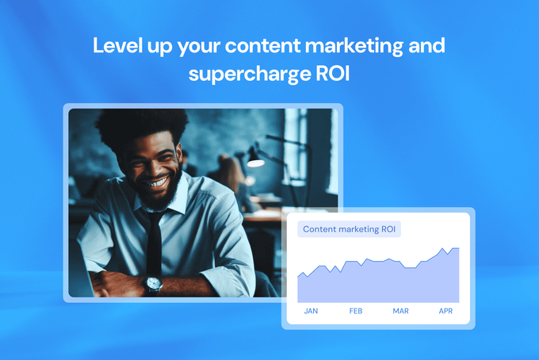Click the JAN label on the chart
point(311,312)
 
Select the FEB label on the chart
point(356,312)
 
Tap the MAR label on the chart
point(400,312)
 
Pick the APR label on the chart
point(445,312)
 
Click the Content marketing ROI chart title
point(350,230)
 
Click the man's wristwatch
point(153,282)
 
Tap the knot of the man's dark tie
point(154,216)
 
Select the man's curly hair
point(143,127)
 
